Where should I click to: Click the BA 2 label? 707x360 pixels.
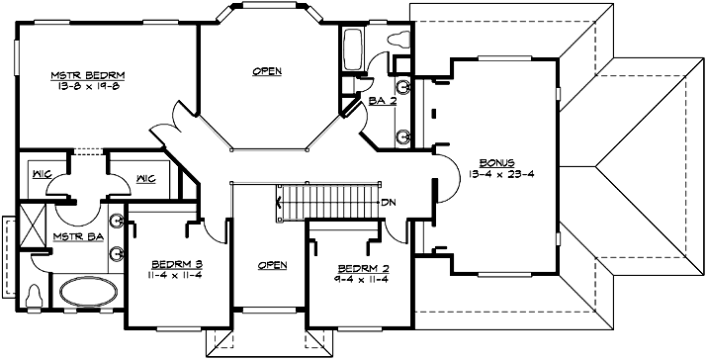(x=384, y=100)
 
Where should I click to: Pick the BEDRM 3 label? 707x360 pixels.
(x=178, y=264)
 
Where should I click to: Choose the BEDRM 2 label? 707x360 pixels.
(x=356, y=269)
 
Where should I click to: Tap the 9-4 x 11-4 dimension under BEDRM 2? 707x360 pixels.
(x=356, y=280)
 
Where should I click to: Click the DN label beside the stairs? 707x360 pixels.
(x=391, y=203)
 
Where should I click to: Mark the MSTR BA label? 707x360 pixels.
(x=74, y=237)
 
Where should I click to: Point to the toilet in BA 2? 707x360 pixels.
(x=399, y=41)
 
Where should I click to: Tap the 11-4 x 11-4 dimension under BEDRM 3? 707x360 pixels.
(x=178, y=275)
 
